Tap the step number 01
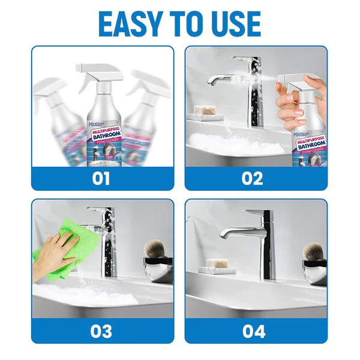[x=103, y=179]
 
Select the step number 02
[x=256, y=179]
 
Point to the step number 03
[x=103, y=331]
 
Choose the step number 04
[x=256, y=331]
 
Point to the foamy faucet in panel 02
[x=241, y=90]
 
